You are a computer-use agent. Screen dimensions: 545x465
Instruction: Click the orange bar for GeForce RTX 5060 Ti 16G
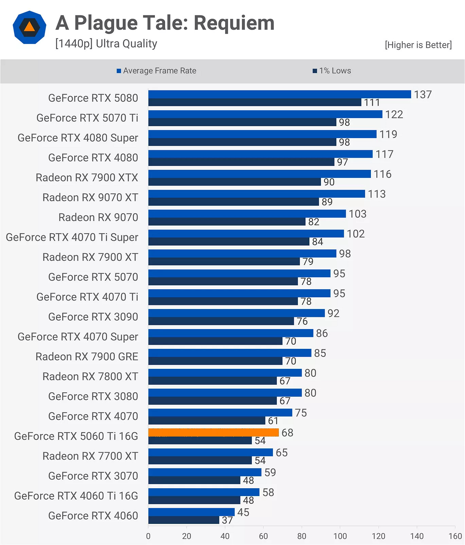pos(213,432)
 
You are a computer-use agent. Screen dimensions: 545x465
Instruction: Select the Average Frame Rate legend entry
pos(157,71)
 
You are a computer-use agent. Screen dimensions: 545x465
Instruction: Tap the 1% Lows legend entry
pos(332,71)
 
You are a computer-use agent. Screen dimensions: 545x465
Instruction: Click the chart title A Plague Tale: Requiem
pos(165,23)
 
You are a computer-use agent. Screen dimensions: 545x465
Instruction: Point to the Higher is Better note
pos(418,45)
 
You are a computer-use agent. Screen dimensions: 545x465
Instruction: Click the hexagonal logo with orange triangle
pos(30,27)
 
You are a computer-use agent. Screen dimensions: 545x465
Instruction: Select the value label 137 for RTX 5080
pos(423,95)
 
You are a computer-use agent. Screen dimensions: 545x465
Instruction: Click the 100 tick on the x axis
pos(340,536)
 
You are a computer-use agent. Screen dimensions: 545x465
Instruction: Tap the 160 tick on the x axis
pos(455,536)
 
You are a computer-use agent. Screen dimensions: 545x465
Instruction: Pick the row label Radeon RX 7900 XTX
pos(87,177)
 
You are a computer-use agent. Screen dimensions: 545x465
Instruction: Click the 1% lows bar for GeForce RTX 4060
pos(183,520)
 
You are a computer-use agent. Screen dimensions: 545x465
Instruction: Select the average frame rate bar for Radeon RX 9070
pos(247,214)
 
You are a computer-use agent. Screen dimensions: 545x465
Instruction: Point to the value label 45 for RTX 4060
pos(243,512)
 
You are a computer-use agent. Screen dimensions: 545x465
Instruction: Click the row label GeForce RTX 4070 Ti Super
pos(72,237)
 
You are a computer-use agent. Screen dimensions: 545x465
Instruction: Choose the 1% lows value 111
pos(372,102)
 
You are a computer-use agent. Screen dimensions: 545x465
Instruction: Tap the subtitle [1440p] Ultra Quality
pos(106,44)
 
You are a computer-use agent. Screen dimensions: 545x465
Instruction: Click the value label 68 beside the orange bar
pos(287,432)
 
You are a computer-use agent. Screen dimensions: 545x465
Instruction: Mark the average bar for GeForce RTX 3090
pos(236,313)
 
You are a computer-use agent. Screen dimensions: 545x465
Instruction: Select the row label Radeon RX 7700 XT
pos(90,456)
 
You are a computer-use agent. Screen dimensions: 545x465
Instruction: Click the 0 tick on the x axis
pos(148,536)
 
